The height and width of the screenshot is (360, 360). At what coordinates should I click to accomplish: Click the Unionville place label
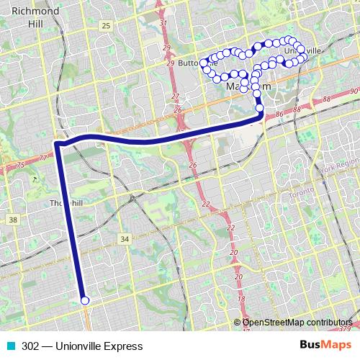(302, 51)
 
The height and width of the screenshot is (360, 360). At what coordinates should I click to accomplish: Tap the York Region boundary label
(338, 168)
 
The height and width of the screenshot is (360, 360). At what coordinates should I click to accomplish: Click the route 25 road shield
(106, 26)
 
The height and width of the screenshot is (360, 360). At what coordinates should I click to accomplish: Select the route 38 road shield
(13, 219)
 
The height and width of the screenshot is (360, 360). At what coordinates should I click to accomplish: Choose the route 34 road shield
(125, 239)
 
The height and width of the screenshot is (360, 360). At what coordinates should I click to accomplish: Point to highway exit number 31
(163, 23)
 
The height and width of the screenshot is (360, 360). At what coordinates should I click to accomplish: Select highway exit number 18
(241, 298)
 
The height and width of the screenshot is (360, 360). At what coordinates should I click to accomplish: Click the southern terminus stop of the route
(85, 301)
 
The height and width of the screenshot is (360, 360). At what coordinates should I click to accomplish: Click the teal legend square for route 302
(11, 346)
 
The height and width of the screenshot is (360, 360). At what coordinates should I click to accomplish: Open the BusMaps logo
(325, 345)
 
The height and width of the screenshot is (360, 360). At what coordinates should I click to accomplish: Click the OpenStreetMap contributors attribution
(297, 323)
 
